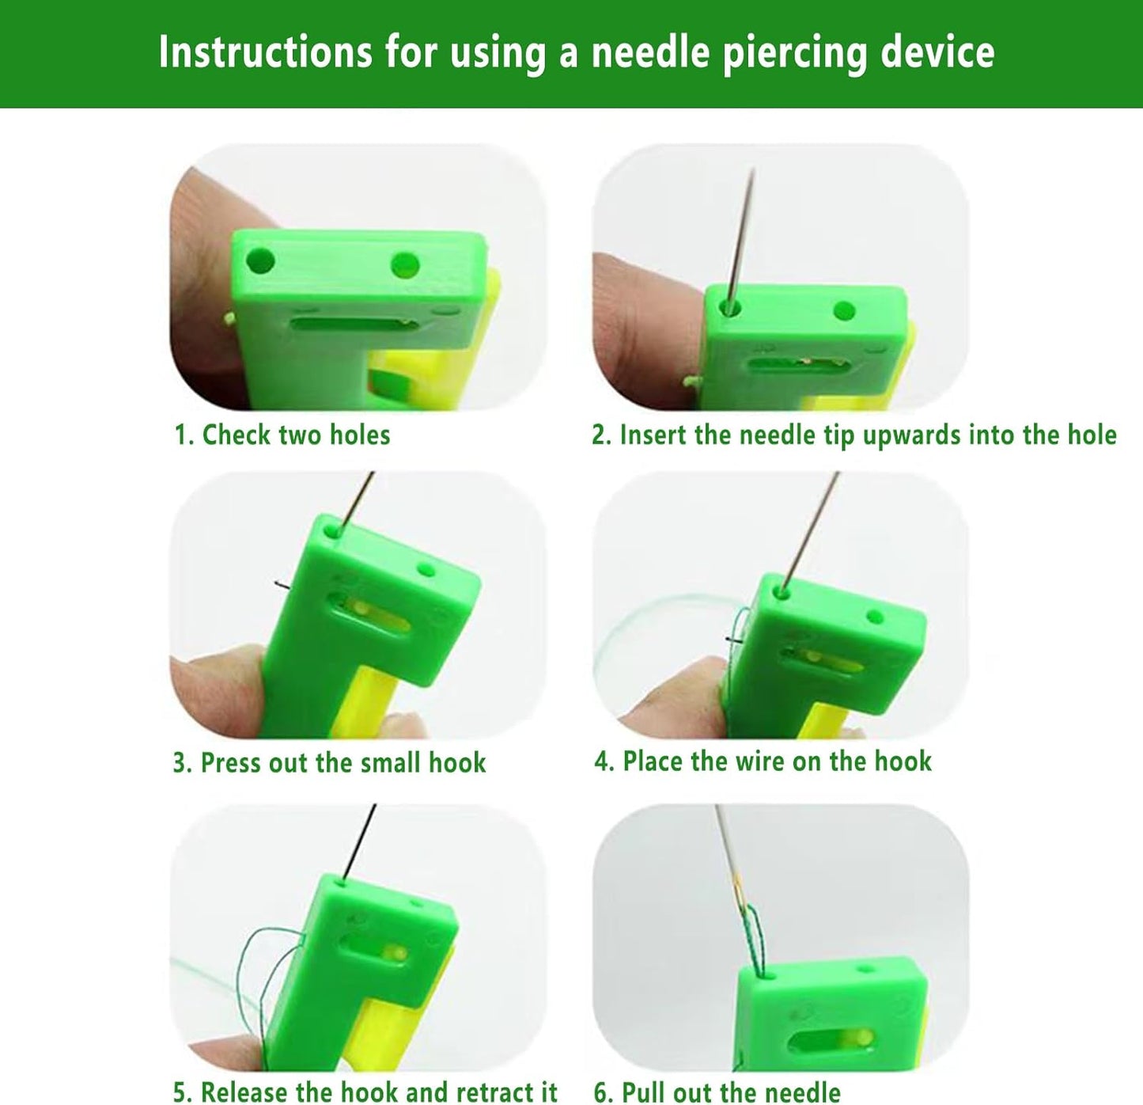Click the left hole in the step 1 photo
point(260,260)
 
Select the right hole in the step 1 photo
point(405,265)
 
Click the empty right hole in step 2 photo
point(844,310)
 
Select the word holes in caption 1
point(359,435)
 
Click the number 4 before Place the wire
point(603,761)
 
